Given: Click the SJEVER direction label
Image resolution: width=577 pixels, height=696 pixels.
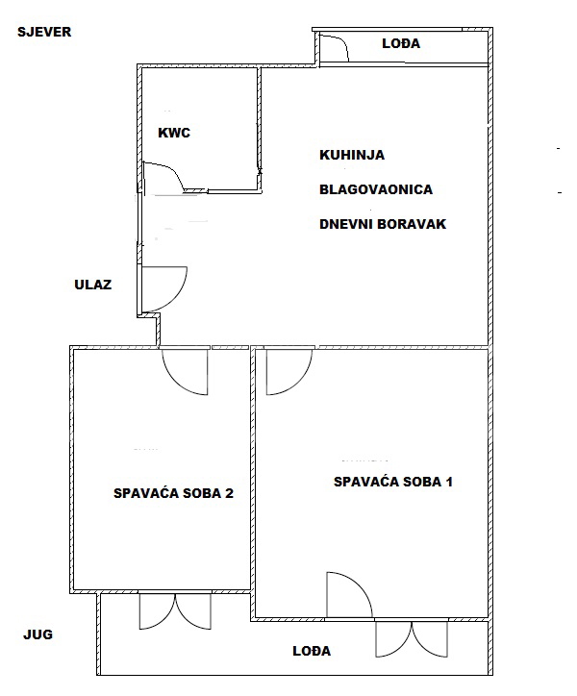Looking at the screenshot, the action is [44, 32].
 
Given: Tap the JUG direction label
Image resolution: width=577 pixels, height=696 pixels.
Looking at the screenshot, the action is [38, 634].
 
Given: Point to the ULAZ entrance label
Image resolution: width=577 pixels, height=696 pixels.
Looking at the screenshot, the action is [93, 285].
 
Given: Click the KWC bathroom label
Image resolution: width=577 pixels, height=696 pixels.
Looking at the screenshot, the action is [174, 133].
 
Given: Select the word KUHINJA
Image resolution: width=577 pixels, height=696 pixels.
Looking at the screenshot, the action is [352, 155].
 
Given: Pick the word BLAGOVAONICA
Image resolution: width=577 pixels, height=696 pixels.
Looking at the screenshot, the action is [376, 189].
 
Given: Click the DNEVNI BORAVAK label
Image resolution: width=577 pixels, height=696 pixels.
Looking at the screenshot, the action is [383, 224].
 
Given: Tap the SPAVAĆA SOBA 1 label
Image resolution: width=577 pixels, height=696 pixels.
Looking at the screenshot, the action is [393, 482].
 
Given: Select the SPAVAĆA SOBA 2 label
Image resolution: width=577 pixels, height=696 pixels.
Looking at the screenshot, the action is [173, 493].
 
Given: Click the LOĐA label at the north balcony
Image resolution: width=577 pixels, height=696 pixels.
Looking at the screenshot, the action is [401, 43].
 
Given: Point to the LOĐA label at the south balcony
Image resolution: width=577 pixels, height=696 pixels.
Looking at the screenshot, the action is [312, 651].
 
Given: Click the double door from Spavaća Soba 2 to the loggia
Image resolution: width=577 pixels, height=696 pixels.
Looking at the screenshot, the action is [175, 611].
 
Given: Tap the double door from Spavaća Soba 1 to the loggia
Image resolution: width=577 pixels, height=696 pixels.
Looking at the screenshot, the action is [412, 638].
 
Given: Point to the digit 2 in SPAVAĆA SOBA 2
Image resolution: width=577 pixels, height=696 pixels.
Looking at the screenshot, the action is [229, 493].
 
